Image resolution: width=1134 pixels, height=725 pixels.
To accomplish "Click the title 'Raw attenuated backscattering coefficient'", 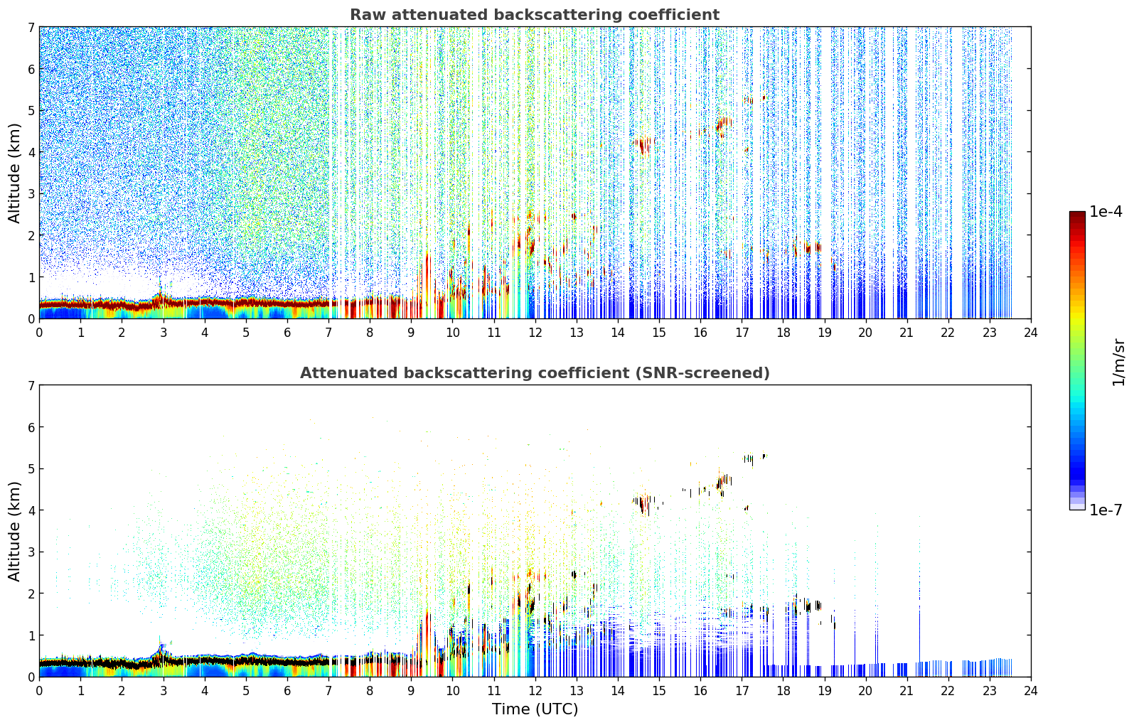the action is point(535,15).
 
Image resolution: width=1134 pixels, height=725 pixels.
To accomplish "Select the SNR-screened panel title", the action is point(535,373).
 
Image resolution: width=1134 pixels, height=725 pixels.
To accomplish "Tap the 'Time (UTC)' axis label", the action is point(535,709).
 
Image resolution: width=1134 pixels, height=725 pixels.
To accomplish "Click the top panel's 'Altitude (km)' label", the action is point(14,173).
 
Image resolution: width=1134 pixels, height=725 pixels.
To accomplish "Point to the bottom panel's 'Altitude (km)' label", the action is point(14,531).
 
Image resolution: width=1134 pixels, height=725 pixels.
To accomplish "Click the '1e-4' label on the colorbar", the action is point(1106,212).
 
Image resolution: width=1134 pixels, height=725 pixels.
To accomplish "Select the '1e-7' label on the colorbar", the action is point(1106,510).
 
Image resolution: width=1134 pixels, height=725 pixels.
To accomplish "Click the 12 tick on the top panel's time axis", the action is point(535,333).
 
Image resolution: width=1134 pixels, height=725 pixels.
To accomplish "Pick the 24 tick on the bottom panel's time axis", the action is point(1031,691).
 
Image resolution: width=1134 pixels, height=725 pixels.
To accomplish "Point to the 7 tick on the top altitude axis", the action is point(31,27).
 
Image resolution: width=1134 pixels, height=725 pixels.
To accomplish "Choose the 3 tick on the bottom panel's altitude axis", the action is point(31,552).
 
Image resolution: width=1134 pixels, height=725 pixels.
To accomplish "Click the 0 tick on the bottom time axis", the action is point(40,691).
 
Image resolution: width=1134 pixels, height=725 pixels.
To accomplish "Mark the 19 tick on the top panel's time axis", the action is point(824,333).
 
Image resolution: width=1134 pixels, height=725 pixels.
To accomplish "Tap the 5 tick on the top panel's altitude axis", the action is point(31,110).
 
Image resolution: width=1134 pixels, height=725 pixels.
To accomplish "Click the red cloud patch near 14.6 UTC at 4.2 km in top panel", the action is point(643,145).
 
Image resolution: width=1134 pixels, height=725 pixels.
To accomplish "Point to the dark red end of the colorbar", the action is point(1077,215).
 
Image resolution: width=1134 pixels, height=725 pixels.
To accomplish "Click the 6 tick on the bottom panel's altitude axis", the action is point(31,427).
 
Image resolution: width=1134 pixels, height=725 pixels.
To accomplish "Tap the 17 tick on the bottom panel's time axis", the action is point(742,691).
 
